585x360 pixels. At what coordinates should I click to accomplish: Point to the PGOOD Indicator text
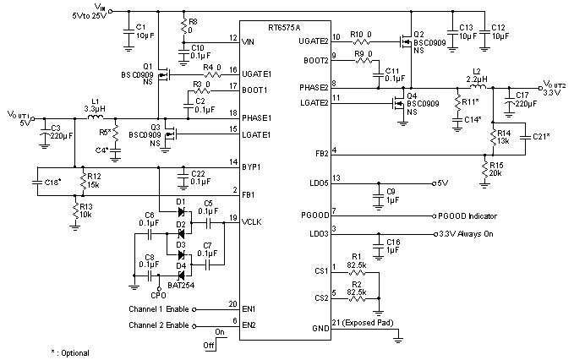(469, 215)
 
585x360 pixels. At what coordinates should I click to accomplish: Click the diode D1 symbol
(179, 212)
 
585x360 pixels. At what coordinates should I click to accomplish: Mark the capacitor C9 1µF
(379, 195)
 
